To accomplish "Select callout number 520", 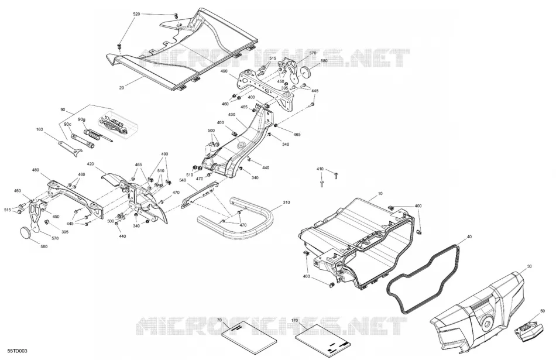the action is [x=136, y=14].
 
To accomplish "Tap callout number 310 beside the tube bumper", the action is [x=286, y=202].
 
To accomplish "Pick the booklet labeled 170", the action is [x=323, y=337].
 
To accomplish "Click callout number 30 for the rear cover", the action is [x=530, y=266].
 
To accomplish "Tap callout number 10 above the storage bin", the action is [x=380, y=194].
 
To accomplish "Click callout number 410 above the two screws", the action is [x=320, y=169].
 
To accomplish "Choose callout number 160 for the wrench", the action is [x=39, y=129].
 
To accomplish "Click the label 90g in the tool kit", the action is [x=81, y=119].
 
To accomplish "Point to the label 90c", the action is [x=67, y=125].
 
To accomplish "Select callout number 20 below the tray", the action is [x=122, y=87].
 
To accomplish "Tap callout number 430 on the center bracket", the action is [x=232, y=115].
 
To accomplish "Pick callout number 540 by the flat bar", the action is [x=183, y=180].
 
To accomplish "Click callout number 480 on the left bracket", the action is [x=36, y=170].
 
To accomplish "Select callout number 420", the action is [x=90, y=164].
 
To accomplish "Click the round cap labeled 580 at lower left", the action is [x=26, y=232].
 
